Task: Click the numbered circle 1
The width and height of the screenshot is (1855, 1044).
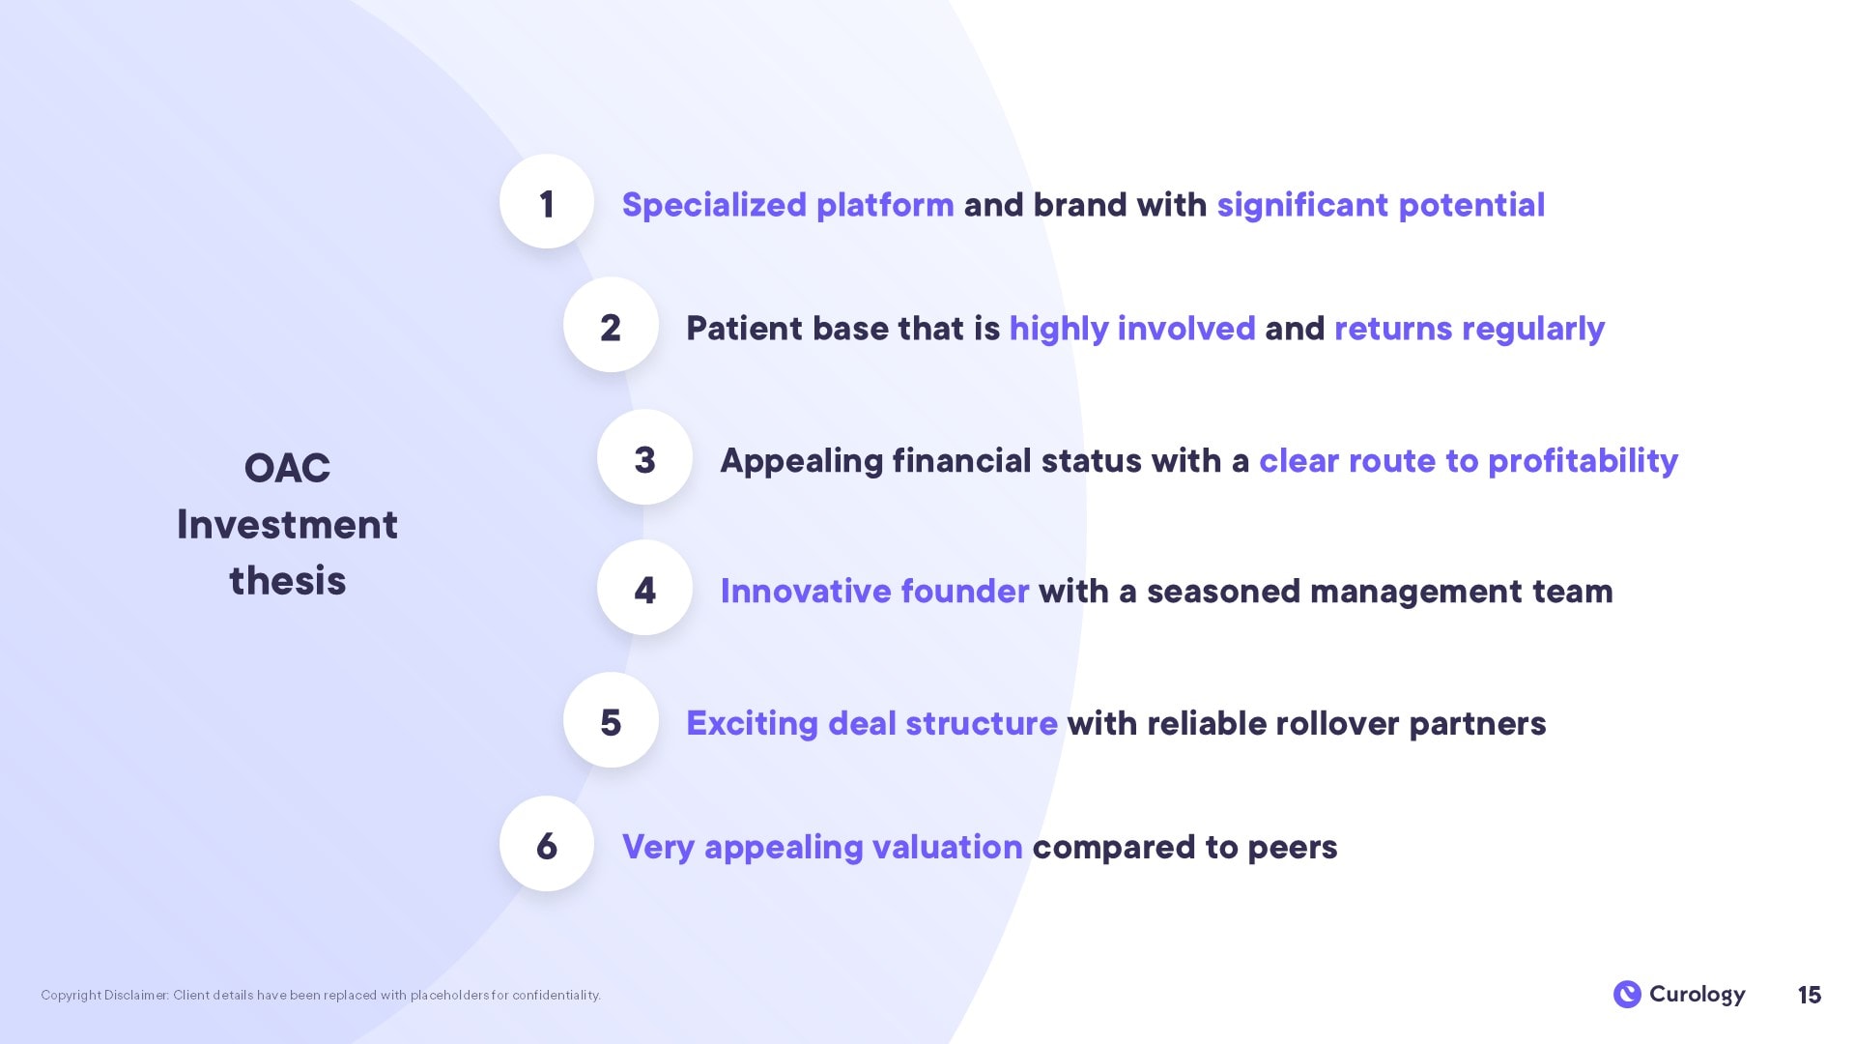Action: (x=547, y=201)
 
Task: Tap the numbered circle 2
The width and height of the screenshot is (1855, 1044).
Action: (x=611, y=325)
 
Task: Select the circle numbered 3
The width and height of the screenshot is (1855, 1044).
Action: (x=644, y=457)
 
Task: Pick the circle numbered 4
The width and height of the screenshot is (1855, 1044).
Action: (x=644, y=588)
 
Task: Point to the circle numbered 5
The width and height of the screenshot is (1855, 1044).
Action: (x=611, y=720)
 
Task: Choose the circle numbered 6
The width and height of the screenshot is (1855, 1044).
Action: (x=547, y=844)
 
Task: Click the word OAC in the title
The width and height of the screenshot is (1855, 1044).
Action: (x=287, y=469)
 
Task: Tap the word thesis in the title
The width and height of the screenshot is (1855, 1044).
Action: (x=287, y=581)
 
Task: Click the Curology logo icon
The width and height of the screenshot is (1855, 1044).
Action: (x=1627, y=994)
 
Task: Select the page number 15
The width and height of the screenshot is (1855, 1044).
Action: (x=1810, y=995)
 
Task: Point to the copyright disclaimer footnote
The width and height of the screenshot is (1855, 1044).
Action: (x=321, y=995)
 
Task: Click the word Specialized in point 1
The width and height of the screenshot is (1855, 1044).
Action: (x=714, y=205)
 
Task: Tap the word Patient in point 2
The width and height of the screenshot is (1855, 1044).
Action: (x=744, y=329)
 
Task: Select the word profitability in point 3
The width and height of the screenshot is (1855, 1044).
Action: (x=1583, y=461)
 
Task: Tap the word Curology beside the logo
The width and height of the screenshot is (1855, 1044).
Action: (x=1698, y=995)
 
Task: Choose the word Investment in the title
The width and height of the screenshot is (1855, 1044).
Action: (x=287, y=525)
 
